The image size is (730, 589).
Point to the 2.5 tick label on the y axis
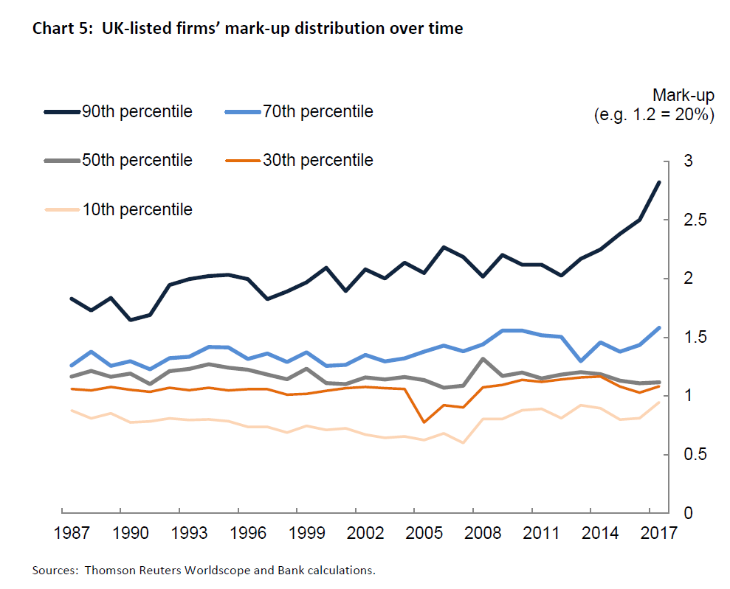(x=690, y=220)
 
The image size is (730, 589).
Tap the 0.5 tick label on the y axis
(x=690, y=455)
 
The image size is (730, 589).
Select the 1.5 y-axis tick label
(x=690, y=338)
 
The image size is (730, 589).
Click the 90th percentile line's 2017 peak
(x=658, y=182)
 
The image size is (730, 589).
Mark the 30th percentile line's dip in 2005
(x=424, y=422)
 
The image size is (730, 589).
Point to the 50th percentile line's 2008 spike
(x=482, y=359)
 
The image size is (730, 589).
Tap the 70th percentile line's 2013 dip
(x=581, y=360)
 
